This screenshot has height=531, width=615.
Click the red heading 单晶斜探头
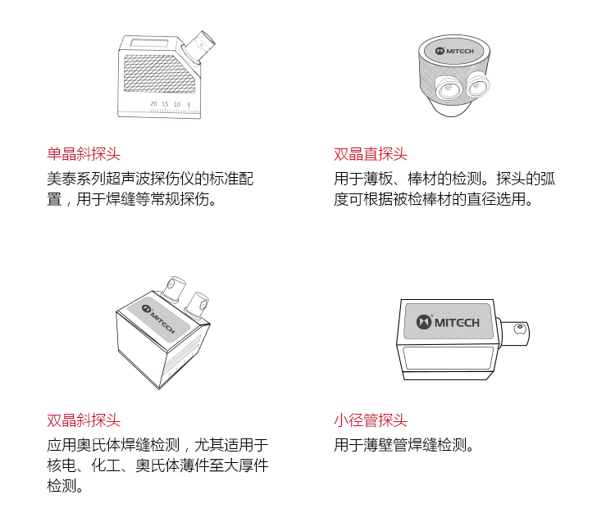84,153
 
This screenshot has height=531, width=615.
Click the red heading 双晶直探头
371,153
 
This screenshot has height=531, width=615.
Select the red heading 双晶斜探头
84,420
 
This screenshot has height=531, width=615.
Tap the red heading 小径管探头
371,420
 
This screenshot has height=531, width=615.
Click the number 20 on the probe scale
153,104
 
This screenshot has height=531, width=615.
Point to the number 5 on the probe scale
189,105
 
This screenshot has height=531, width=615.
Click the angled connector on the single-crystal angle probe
199,46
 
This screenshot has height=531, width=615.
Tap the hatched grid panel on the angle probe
159,74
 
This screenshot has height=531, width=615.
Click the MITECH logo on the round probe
454,51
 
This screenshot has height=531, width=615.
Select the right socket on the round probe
477,84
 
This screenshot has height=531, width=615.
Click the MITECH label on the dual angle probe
159,320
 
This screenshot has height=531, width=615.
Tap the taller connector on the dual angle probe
174,289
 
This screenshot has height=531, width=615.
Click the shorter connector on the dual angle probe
197,305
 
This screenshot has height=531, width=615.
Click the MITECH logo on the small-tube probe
448,322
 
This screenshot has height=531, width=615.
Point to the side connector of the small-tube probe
514,333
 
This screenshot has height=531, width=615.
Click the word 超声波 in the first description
128,179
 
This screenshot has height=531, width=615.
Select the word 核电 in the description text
61,465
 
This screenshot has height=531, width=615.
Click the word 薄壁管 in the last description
385,445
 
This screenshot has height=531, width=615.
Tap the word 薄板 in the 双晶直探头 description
378,179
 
